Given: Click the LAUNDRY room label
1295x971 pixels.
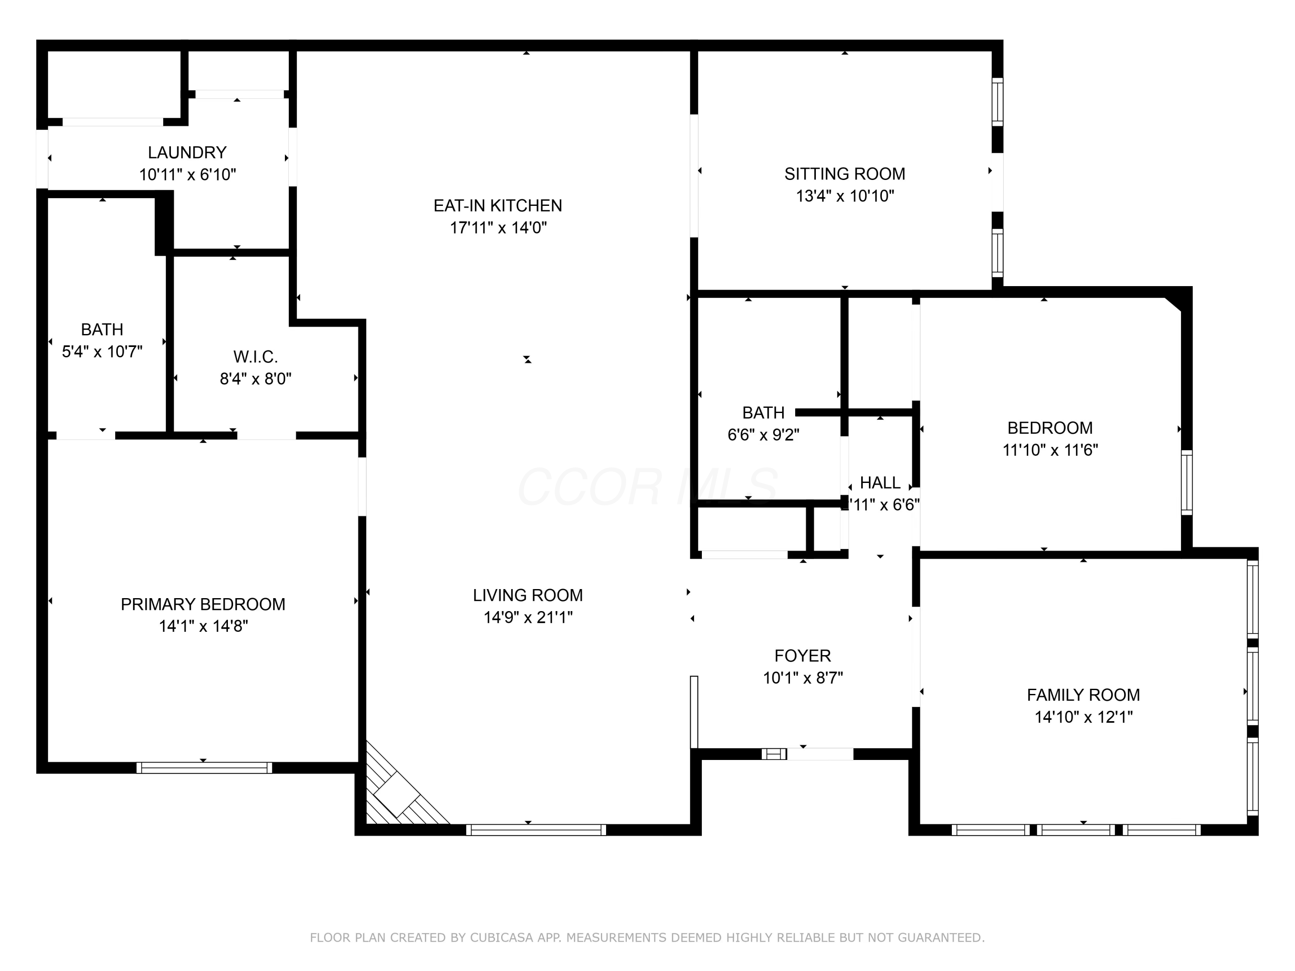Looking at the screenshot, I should coord(187,153).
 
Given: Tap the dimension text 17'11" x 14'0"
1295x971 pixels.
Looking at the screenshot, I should coord(498,228).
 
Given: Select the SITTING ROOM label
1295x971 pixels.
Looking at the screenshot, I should coord(844,174).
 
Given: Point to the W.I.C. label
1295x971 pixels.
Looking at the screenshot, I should coord(255,356).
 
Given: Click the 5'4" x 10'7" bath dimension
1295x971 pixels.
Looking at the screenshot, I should coord(102,352).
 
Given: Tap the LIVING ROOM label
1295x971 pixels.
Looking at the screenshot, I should coord(527,595).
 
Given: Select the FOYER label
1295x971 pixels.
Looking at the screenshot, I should coord(802,656).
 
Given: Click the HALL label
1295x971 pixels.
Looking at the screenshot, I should coord(880,483).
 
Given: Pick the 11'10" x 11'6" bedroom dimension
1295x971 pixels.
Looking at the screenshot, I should coord(1050,450).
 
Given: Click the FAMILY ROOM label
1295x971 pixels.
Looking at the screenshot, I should coord(1083,695).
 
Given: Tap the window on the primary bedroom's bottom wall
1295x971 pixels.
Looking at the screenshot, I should coord(204,767).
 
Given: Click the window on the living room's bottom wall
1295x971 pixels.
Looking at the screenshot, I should coord(536,829).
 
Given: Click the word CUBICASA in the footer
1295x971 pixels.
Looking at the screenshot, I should coord(501,938).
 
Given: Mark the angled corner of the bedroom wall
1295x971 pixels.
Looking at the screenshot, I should coord(1173,305).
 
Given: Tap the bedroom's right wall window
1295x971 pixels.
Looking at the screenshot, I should coord(1186,483).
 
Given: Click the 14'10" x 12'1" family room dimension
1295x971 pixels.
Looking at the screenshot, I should coord(1083,717).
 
